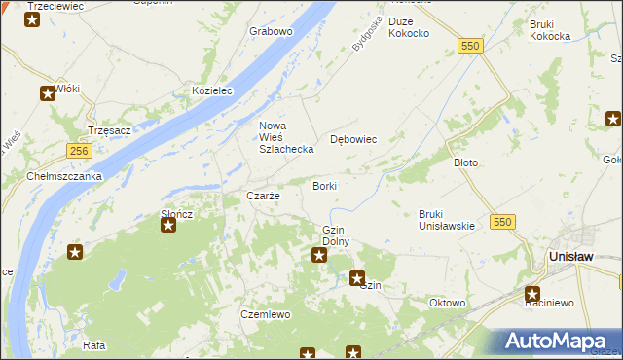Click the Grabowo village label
click(x=271, y=31)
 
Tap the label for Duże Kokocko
click(x=409, y=27)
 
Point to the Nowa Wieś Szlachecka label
click(x=285, y=137)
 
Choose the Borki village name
click(x=324, y=186)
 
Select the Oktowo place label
click(x=447, y=303)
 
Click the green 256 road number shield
click(x=80, y=151)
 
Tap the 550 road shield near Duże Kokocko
click(x=471, y=46)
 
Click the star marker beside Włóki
click(x=48, y=94)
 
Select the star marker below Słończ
click(x=167, y=226)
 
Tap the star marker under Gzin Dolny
click(x=318, y=255)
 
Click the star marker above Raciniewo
click(x=532, y=291)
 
